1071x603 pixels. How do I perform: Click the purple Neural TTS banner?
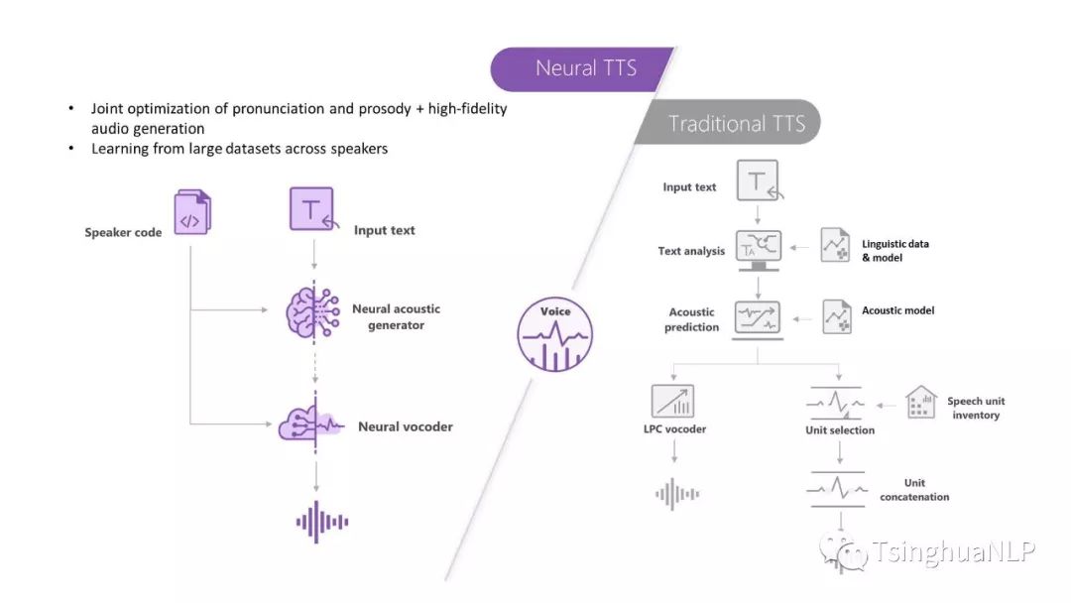point(584,68)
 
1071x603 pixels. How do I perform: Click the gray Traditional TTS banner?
point(735,124)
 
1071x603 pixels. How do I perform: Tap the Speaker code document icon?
point(192,212)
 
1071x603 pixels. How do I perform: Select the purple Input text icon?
point(312,209)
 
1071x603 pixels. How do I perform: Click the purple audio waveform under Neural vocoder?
point(322,522)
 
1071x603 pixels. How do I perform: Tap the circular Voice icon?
point(555,334)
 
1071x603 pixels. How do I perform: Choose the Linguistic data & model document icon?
point(836,245)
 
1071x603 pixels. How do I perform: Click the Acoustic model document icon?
point(836,316)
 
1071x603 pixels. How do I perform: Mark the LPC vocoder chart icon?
point(672,400)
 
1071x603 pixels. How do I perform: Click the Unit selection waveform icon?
point(838,405)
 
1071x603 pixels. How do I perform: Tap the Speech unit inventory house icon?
point(921,402)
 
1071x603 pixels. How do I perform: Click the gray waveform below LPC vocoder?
point(676,493)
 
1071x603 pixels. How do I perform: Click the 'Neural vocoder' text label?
point(405,426)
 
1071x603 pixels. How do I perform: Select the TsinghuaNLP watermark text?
point(953,551)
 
